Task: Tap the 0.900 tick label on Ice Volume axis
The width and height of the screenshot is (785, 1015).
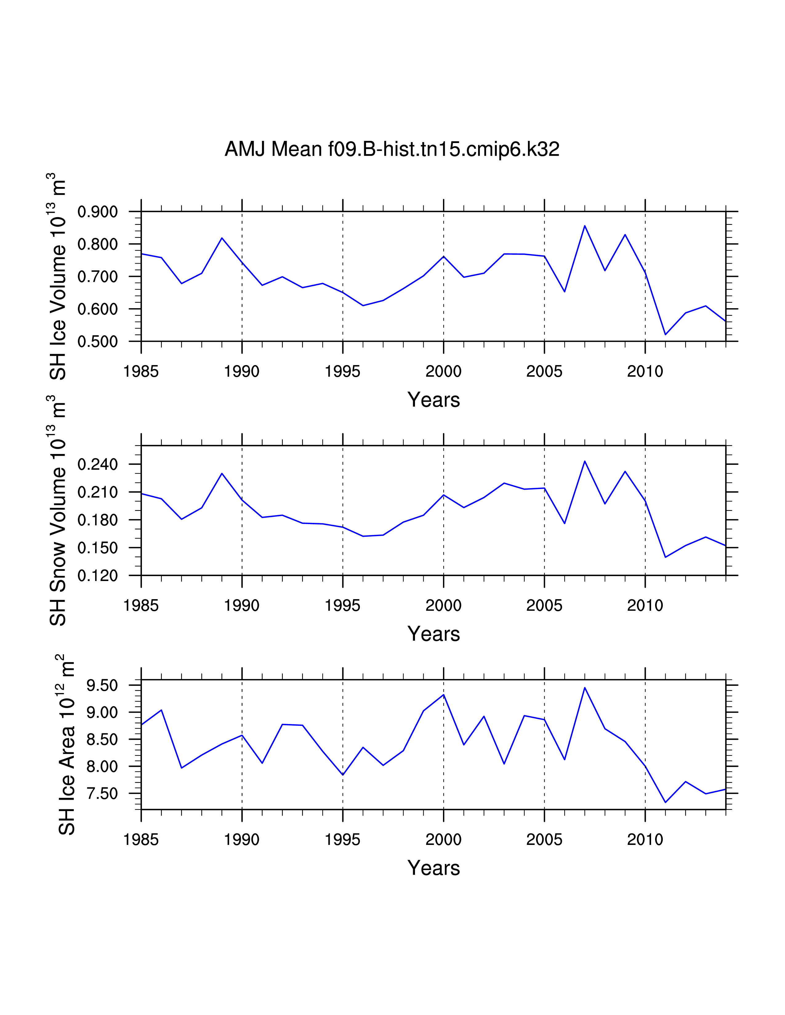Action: pyautogui.click(x=97, y=212)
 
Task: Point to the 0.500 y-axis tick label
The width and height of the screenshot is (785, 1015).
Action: pyautogui.click(x=97, y=342)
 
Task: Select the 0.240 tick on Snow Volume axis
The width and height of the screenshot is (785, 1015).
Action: pyautogui.click(x=97, y=464)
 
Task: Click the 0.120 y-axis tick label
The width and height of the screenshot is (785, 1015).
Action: pyautogui.click(x=97, y=576)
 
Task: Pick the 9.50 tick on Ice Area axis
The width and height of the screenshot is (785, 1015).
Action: pyautogui.click(x=102, y=686)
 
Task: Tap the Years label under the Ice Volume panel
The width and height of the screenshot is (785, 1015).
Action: pyautogui.click(x=433, y=400)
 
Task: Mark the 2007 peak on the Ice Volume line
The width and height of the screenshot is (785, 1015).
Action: pyautogui.click(x=585, y=226)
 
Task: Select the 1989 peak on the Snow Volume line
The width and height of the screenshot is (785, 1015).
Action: pyautogui.click(x=222, y=474)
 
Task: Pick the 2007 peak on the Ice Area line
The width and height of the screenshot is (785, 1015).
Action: pyautogui.click(x=585, y=688)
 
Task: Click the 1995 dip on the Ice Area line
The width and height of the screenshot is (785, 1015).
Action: pyautogui.click(x=343, y=775)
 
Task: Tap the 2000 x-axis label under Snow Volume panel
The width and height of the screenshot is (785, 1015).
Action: pyautogui.click(x=443, y=606)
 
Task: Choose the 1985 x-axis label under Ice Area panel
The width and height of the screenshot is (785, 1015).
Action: pyautogui.click(x=141, y=839)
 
